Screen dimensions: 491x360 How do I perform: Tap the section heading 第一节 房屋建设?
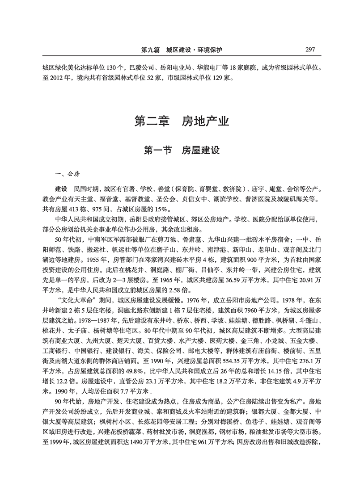[181, 150]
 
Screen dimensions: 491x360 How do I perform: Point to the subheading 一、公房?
[60, 174]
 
